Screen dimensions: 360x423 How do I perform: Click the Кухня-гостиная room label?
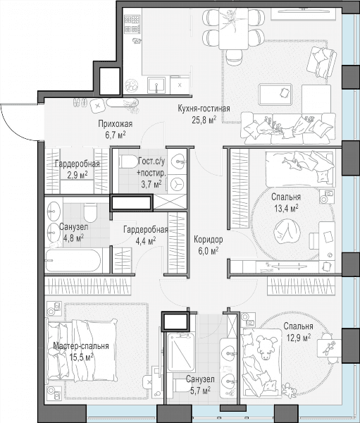(204, 109)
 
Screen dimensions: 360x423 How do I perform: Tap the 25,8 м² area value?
(204, 120)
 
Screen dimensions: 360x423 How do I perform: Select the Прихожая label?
(115, 124)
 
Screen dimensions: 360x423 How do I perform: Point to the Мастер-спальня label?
(81, 346)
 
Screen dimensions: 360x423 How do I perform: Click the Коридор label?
(209, 239)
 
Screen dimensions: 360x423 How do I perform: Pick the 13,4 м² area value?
(286, 208)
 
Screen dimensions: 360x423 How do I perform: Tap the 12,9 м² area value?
(298, 338)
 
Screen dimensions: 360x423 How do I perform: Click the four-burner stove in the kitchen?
(132, 24)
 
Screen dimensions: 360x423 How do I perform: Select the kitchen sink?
(156, 85)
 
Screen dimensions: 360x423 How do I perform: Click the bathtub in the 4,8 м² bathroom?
(73, 261)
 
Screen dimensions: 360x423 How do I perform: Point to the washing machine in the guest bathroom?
(177, 184)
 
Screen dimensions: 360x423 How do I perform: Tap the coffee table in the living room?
(275, 94)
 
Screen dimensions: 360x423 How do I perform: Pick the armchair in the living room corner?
(322, 63)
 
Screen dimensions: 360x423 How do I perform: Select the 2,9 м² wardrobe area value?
(77, 175)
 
